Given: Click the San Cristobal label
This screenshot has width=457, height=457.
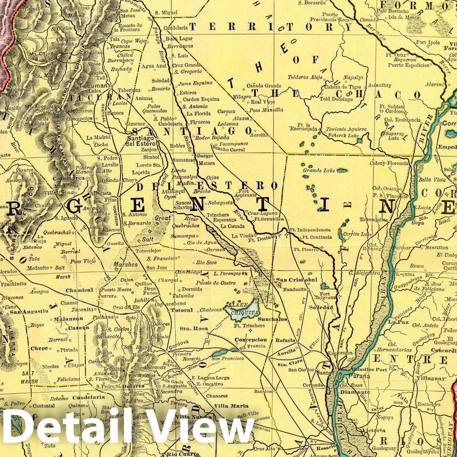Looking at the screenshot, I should coord(296,280).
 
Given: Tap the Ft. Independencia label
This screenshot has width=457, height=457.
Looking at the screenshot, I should coord(310,230).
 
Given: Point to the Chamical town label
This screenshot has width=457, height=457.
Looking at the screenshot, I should coord(79,290).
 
